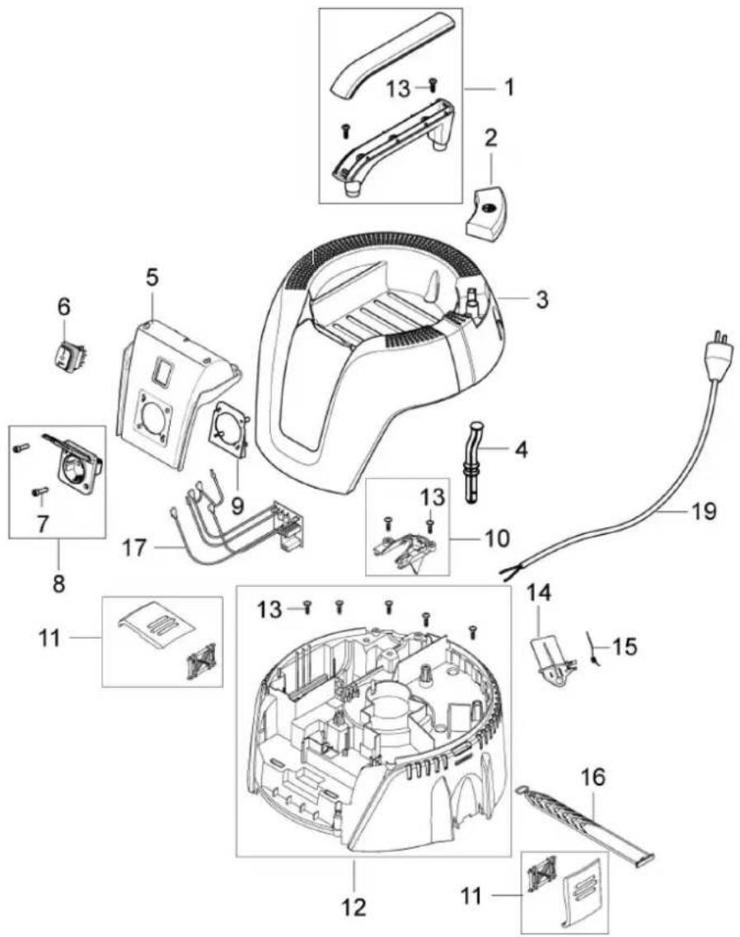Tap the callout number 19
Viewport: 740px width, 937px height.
pyautogui.click(x=703, y=511)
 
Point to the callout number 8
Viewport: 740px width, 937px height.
pyautogui.click(x=58, y=582)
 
